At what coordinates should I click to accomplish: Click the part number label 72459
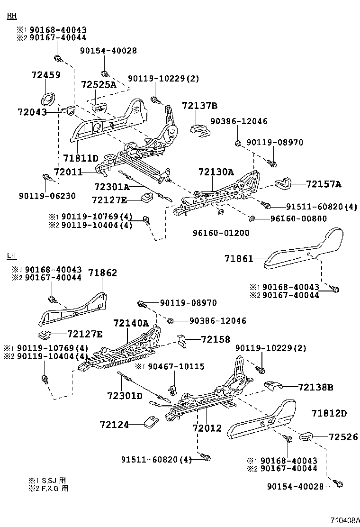[46, 74]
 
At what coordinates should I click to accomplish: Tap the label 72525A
[98, 84]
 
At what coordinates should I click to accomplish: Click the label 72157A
[324, 184]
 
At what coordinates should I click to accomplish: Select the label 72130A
[216, 172]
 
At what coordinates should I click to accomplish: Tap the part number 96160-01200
[221, 233]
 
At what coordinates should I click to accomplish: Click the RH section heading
[11, 16]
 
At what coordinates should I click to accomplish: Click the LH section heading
[11, 256]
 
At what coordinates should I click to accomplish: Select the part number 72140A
[131, 323]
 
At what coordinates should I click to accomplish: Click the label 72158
[215, 339]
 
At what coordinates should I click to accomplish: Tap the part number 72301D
[125, 396]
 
